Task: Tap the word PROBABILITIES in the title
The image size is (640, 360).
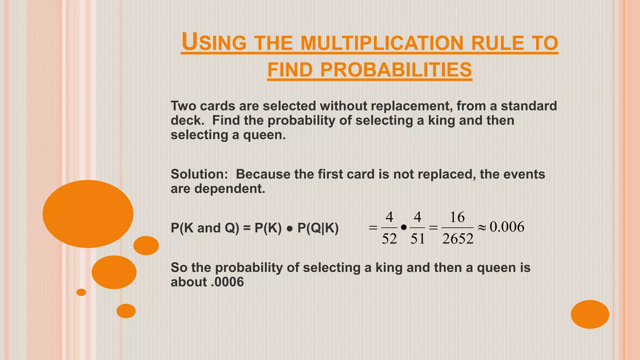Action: (396, 70)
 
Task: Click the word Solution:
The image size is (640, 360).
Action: (199, 174)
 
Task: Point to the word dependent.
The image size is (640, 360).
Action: (230, 188)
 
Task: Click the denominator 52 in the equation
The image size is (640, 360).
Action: (389, 239)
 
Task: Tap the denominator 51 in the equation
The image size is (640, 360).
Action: (417, 239)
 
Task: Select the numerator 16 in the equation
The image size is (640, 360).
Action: (457, 217)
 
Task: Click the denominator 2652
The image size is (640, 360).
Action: (458, 239)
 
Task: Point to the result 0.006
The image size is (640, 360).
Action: (507, 227)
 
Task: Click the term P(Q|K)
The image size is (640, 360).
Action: (318, 228)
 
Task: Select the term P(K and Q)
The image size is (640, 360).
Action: (205, 228)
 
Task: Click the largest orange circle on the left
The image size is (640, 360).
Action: (88, 214)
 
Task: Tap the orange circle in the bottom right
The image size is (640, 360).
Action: (590, 314)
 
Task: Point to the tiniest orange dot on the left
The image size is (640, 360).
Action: (81, 292)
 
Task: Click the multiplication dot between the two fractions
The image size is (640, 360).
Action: (403, 228)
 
